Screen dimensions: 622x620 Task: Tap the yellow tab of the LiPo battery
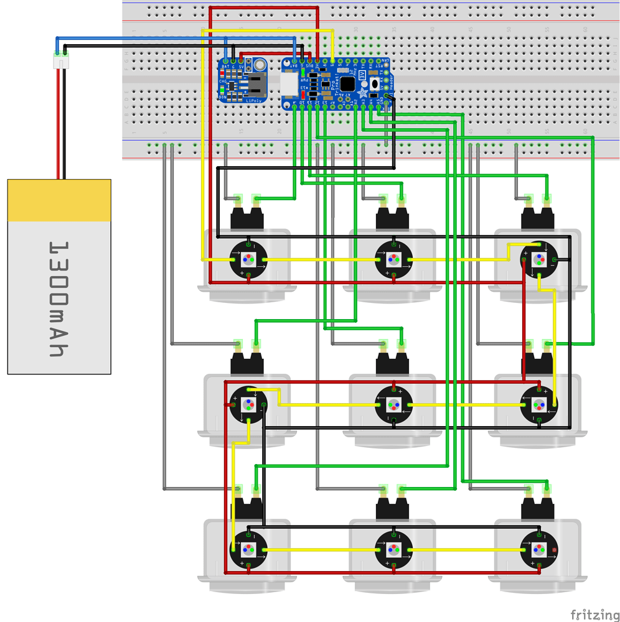click(x=59, y=200)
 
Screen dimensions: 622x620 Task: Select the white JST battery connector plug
click(x=61, y=60)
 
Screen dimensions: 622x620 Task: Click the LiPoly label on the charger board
click(x=253, y=99)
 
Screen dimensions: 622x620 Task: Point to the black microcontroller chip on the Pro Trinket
click(x=347, y=84)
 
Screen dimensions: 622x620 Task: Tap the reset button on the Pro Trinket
click(x=374, y=83)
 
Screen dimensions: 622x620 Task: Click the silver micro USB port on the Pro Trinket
click(x=288, y=84)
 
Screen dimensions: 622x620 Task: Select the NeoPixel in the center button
click(x=393, y=404)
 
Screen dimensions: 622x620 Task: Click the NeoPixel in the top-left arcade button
click(x=248, y=259)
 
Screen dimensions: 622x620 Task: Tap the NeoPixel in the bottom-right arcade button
click(x=538, y=549)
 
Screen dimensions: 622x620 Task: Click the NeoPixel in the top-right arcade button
click(x=538, y=259)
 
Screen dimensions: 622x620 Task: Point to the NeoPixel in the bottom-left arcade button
click(x=248, y=549)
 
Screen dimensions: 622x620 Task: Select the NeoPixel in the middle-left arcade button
click(x=248, y=404)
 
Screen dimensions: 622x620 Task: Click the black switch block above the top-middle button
click(x=393, y=218)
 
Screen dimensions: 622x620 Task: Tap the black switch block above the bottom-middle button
click(x=393, y=509)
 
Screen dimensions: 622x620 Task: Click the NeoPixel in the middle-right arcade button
click(x=538, y=404)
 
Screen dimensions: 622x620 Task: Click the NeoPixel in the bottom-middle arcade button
click(x=393, y=549)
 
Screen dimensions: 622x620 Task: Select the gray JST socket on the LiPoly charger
click(x=256, y=84)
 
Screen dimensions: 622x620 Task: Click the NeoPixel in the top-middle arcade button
click(x=393, y=259)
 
